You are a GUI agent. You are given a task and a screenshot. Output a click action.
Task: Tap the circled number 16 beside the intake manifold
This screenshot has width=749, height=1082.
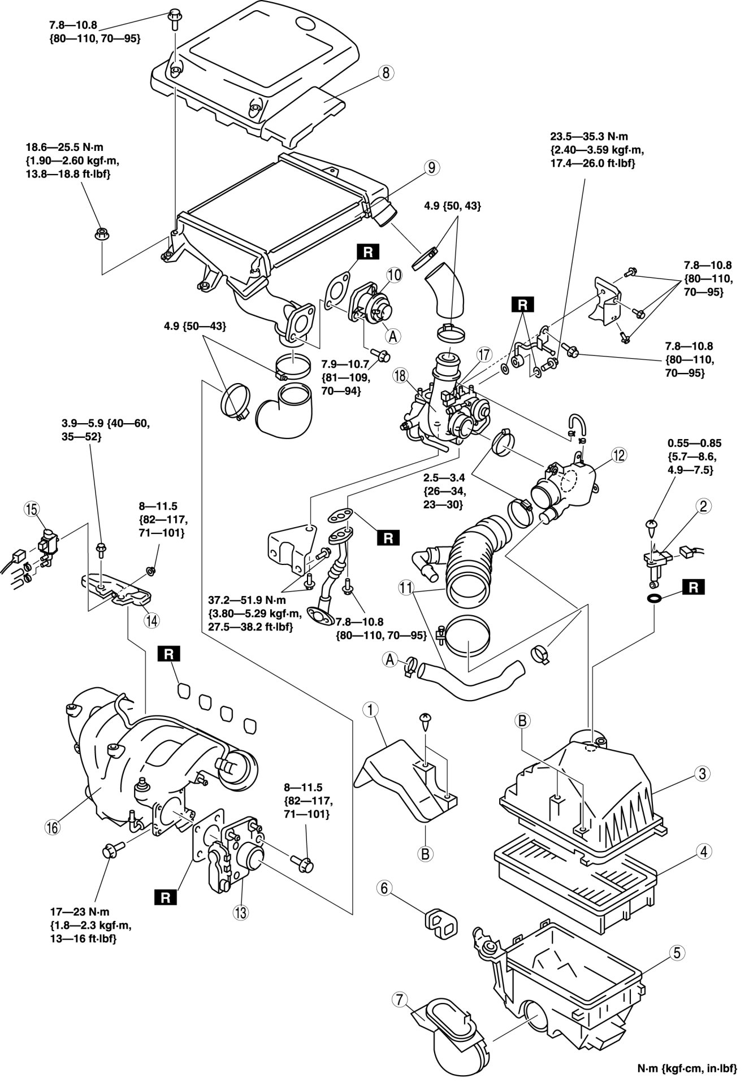53,828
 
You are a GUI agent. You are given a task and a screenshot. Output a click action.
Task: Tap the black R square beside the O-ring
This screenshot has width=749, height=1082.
694,588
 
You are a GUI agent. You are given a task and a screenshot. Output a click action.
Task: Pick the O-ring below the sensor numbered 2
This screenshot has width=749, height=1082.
654,598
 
